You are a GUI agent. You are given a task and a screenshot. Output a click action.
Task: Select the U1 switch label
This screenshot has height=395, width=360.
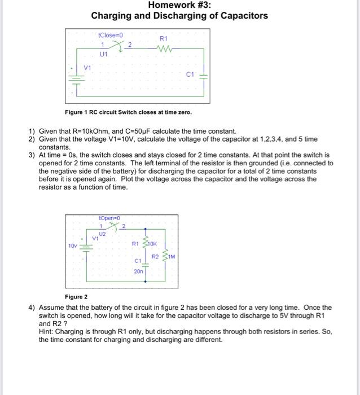[x=103, y=55]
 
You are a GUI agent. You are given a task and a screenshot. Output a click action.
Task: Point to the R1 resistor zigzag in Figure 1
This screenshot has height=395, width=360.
[x=163, y=48]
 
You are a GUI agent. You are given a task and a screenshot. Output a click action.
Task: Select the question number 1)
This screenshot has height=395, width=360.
[x=32, y=131]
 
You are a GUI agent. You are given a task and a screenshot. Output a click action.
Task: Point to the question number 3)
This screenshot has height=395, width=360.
[x=32, y=154]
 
